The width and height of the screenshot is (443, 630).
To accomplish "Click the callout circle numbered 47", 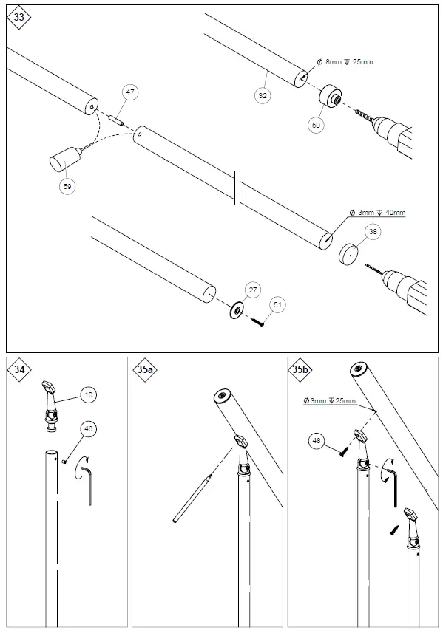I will [130, 92].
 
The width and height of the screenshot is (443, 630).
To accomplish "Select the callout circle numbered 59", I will [68, 187].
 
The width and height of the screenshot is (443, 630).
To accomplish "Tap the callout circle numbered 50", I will [317, 126].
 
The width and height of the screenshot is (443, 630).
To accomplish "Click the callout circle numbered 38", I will [373, 232].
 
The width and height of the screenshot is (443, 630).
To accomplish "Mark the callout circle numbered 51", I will [278, 304].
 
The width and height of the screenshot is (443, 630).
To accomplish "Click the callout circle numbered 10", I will [89, 396].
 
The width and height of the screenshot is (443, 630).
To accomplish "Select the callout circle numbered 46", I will [89, 428].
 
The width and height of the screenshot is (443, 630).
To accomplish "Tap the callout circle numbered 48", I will [317, 442].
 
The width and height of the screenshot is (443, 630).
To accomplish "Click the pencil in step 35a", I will [192, 499].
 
